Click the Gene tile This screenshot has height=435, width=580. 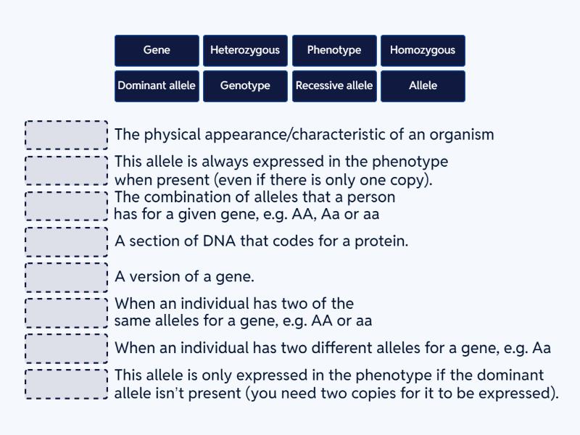(x=157, y=50)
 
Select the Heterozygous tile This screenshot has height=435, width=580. (x=245, y=50)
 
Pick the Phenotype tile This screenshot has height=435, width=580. (x=334, y=50)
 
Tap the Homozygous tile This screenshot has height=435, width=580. (x=423, y=50)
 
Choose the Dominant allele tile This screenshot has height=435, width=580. (x=157, y=86)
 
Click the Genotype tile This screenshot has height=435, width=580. (x=245, y=86)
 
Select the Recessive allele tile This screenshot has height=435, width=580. (x=334, y=86)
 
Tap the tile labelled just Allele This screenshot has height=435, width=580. (x=423, y=86)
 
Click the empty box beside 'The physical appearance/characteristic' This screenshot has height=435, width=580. (x=67, y=135)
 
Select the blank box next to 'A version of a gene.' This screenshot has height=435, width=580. (x=67, y=277)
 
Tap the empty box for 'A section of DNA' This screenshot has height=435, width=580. (x=67, y=241)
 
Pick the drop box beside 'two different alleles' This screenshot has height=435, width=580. (x=67, y=348)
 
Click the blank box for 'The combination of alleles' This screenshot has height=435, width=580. (x=67, y=206)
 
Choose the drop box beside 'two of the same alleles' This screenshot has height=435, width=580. (x=67, y=312)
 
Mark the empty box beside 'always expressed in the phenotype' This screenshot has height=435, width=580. (x=67, y=170)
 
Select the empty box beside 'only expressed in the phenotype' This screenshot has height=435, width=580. (x=67, y=384)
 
